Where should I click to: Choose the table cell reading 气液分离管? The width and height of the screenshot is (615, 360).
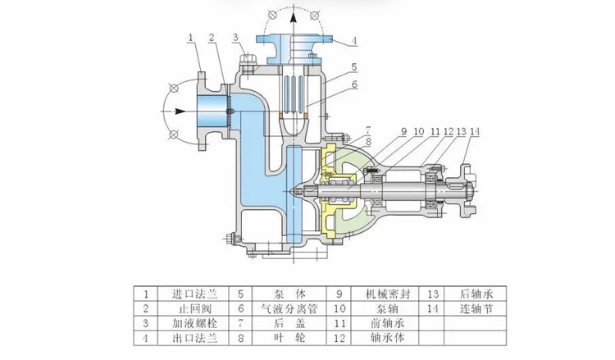click(285, 308)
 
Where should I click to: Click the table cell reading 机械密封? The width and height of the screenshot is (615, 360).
click(384, 293)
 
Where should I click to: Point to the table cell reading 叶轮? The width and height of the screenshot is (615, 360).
click(285, 338)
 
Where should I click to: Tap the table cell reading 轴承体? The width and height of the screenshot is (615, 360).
click(384, 338)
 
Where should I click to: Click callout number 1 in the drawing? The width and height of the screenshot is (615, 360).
click(190, 37)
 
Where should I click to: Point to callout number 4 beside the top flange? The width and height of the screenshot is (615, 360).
click(354, 39)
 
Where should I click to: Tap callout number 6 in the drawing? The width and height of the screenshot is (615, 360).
click(354, 84)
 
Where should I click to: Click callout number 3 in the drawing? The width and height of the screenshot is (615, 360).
click(235, 37)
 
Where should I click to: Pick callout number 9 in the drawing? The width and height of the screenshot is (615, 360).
click(403, 131)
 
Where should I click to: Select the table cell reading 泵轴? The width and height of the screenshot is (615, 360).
click(384, 308)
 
